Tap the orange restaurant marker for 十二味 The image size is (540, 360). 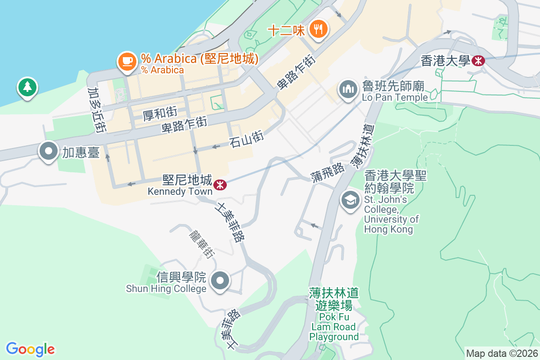pos(319,29)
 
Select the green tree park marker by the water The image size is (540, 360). pos(27,86)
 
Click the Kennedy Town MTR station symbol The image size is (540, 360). pos(220,184)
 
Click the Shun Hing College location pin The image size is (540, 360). pos(220,281)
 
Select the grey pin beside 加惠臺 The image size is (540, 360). pos(49,151)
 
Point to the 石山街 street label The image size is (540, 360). pos(246,137)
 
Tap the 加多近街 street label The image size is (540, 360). pos(97,110)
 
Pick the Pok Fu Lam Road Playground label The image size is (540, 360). pos(334,315)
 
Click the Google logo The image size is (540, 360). pos(30,349)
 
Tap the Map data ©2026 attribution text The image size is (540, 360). pos(501,353)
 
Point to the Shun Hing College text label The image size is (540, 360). pos(166,288)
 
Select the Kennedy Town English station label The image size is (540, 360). pos(180,191)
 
